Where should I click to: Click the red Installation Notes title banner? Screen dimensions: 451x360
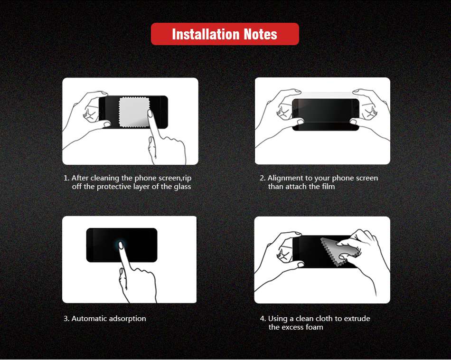pos(225,34)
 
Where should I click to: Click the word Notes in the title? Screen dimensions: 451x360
pos(260,34)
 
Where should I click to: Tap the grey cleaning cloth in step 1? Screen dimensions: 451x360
pos(134,112)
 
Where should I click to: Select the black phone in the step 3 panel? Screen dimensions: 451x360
pos(122,245)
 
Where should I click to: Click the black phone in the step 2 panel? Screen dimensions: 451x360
pos(326,114)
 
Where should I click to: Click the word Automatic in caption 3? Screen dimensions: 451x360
pos(89,319)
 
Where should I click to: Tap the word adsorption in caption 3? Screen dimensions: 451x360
pos(128,319)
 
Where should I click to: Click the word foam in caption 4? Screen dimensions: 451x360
pos(314,327)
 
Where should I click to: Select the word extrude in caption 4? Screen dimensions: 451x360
pos(357,319)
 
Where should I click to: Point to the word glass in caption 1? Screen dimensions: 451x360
pos(182,187)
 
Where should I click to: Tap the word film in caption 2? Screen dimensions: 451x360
pos(328,187)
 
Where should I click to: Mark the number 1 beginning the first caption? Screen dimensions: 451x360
pos(66,178)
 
